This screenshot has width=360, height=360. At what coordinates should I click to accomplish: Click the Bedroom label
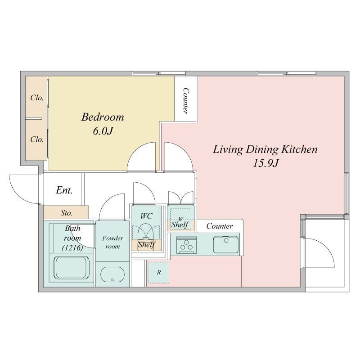pos(103,117)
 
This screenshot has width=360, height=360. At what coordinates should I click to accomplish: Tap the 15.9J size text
pos(265,163)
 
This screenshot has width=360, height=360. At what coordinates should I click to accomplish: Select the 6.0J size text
pos(103,131)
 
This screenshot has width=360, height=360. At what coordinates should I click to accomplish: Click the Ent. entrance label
pos(64,190)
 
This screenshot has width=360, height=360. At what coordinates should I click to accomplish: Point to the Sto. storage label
pos(67,213)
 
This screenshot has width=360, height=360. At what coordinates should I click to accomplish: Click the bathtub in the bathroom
pos(72,268)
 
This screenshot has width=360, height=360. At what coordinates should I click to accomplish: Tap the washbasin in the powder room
pos(112,274)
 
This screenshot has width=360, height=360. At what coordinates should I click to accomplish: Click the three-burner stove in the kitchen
pos(186,245)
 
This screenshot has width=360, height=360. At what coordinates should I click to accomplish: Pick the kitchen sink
pos(226,245)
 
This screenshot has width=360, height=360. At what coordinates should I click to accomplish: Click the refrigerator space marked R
pos(159,273)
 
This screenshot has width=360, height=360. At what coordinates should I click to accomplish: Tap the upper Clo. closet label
pos(37,98)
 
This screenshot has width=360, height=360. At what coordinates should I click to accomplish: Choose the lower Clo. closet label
pos(37,139)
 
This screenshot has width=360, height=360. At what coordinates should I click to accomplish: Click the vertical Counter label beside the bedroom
pos(185,100)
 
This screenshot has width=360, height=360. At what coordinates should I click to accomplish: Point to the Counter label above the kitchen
pos(220,226)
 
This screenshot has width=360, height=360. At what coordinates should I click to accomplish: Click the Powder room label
pos(112,242)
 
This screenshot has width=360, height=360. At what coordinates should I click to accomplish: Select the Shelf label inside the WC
pos(147,245)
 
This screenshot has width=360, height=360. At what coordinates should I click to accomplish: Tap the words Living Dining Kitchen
pos(265,149)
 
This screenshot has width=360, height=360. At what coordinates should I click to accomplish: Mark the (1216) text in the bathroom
pos(72,248)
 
